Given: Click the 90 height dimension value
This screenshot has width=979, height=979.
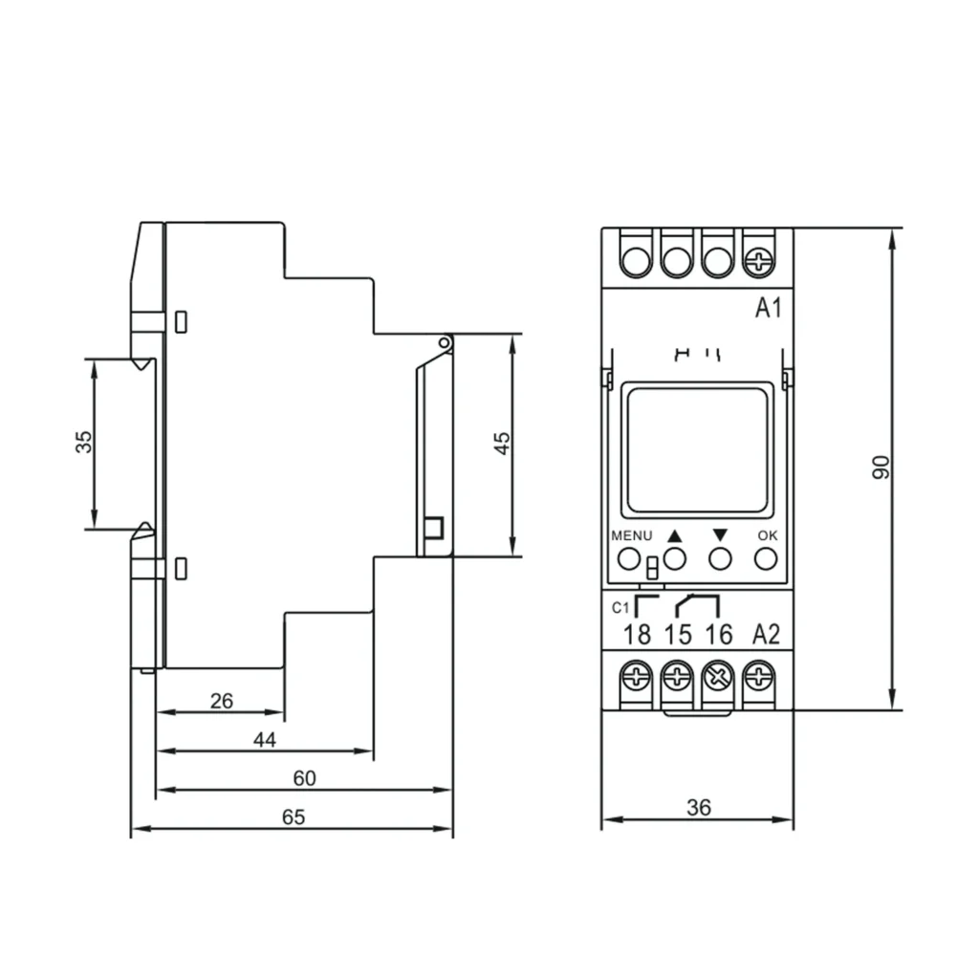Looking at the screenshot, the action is [x=881, y=468].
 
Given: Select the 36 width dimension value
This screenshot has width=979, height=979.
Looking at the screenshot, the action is [x=699, y=807].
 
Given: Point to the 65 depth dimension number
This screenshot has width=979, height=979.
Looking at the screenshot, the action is [x=294, y=816].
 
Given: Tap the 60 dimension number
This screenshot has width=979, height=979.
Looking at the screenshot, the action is [x=305, y=778].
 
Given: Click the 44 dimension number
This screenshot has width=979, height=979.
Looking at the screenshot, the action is [x=265, y=740].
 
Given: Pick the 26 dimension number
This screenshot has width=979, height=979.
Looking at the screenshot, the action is [x=222, y=701].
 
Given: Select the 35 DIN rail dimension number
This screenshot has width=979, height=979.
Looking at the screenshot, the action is [x=84, y=442].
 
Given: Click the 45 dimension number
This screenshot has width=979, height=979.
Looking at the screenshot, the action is [x=502, y=444].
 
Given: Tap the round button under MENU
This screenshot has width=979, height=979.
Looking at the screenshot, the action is [x=629, y=558].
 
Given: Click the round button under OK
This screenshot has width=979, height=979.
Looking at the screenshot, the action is [x=766, y=558].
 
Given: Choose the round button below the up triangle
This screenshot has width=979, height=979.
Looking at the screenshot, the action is [x=674, y=558].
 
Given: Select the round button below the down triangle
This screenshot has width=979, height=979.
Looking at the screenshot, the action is [x=721, y=558].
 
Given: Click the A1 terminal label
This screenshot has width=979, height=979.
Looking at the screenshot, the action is [x=768, y=308].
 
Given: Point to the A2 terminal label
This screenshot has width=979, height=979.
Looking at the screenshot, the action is [x=766, y=635].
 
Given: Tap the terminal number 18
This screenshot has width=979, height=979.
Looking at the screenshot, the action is [x=637, y=635].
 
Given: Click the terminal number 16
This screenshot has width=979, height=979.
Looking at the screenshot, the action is [x=719, y=635].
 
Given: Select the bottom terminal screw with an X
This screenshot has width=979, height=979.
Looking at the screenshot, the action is [x=719, y=677].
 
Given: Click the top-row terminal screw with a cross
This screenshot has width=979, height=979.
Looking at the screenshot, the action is [x=759, y=261].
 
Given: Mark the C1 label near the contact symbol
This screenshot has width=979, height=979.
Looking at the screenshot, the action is [x=620, y=607].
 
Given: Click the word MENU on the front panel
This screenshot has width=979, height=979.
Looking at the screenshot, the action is [x=632, y=535].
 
